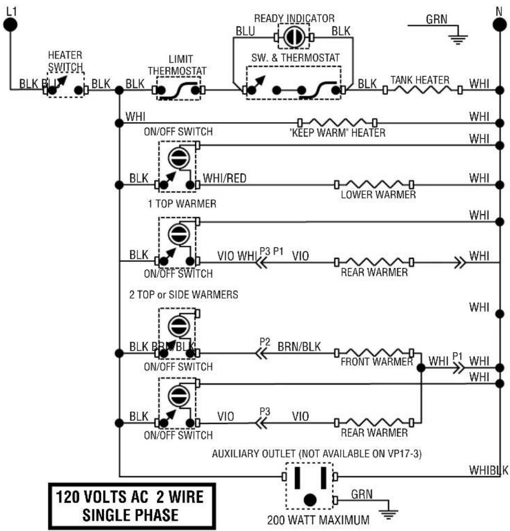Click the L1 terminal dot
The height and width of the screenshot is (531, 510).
tap(10, 25)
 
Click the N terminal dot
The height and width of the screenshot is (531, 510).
tap(500, 25)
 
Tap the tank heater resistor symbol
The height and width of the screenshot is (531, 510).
tap(422, 90)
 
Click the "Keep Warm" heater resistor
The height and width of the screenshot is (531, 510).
tap(337, 122)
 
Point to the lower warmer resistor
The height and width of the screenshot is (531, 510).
tap(374, 185)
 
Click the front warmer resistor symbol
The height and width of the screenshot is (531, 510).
tap(374, 352)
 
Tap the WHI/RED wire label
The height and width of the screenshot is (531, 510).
tap(225, 178)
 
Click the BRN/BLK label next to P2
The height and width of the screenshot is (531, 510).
tap(299, 347)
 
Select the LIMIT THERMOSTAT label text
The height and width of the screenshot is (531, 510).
tap(177, 65)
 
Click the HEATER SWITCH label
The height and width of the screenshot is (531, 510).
tap(65, 61)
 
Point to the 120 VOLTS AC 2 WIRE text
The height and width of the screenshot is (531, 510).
tap(130, 497)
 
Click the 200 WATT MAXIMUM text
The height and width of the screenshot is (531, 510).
tap(318, 520)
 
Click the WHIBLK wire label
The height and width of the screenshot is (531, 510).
tap(488, 470)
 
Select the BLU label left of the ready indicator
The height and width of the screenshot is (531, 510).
tap(245, 31)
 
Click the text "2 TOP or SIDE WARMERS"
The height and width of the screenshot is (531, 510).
tap(183, 294)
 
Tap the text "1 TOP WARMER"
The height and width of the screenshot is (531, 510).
tap(182, 203)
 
